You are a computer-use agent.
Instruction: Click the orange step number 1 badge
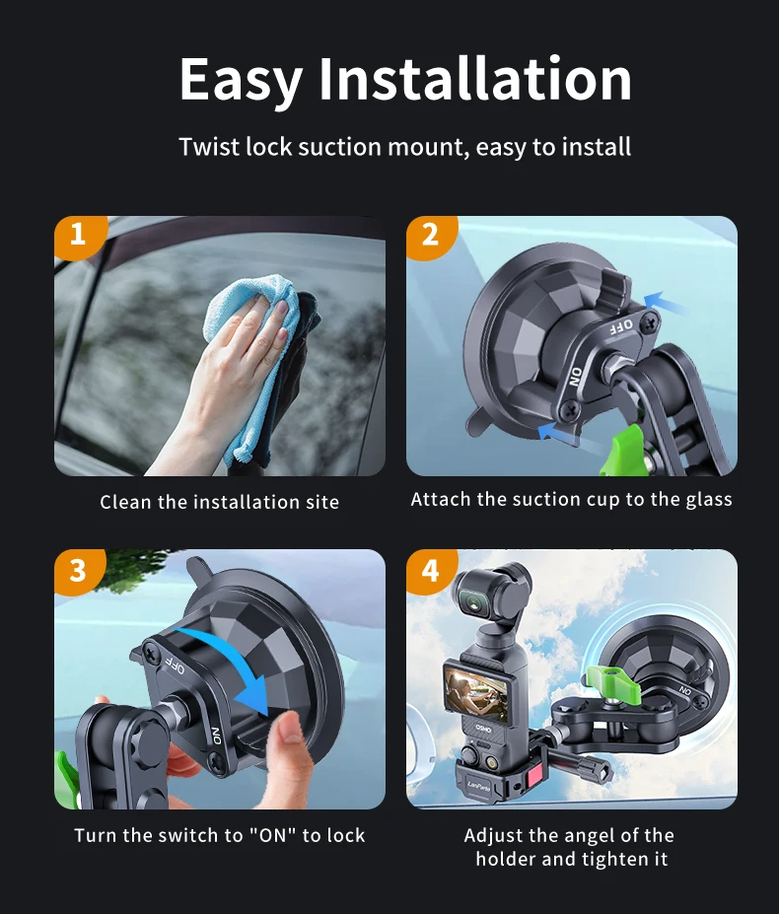click(x=79, y=236)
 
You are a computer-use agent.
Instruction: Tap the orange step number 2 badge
click(x=430, y=236)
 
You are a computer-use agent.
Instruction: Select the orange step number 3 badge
click(x=79, y=571)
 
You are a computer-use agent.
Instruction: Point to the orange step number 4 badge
click(x=430, y=571)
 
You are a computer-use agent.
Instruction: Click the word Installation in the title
click(x=475, y=79)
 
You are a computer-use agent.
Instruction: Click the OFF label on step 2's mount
click(x=620, y=325)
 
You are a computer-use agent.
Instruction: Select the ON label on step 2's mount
click(x=576, y=378)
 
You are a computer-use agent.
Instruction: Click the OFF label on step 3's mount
click(x=175, y=664)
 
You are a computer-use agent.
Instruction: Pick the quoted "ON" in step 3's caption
click(x=273, y=835)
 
